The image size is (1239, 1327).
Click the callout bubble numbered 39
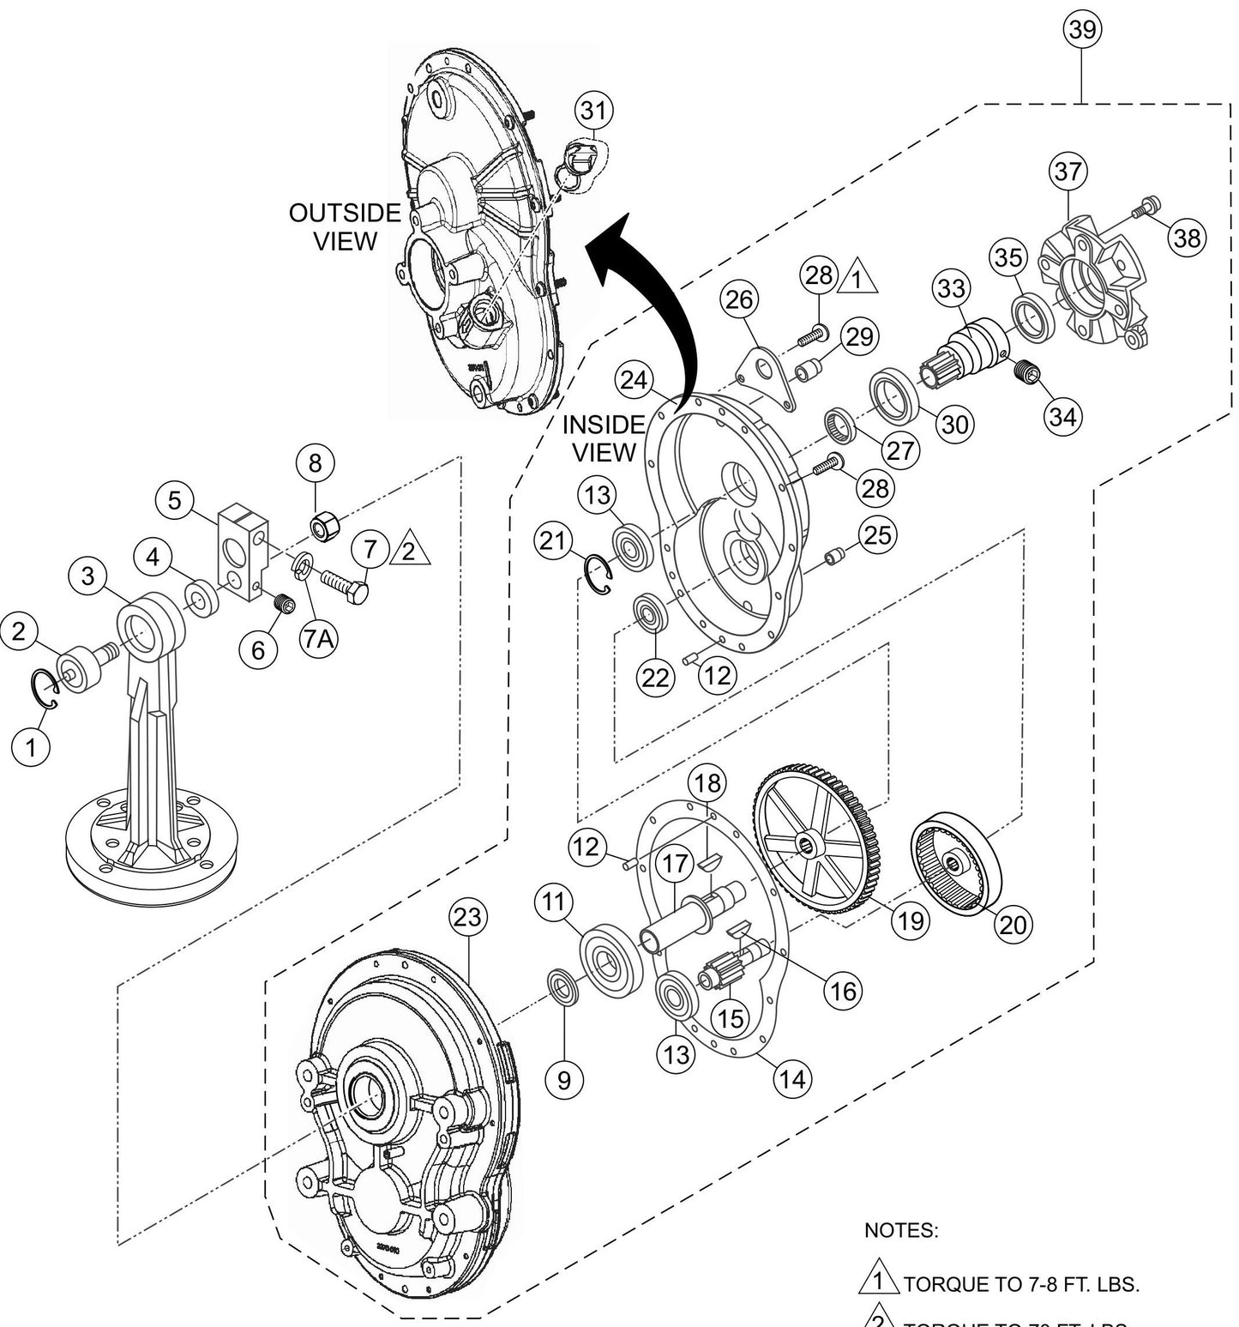(1083, 28)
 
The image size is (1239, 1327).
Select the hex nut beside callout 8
(322, 528)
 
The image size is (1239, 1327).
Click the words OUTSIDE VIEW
(345, 227)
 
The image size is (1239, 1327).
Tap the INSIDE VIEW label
(604, 437)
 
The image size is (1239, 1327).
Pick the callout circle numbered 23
(467, 918)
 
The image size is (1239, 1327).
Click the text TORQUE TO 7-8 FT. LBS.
(1020, 1285)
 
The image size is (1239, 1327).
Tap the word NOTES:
(901, 1230)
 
